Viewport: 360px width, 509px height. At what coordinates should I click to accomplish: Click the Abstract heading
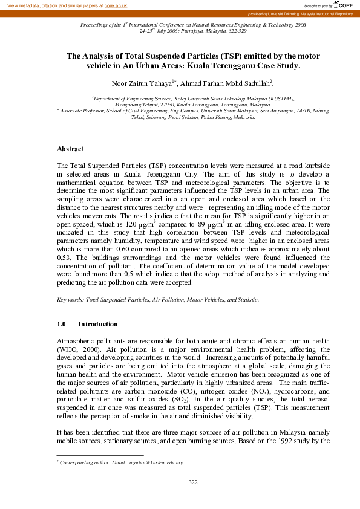coord(70,149)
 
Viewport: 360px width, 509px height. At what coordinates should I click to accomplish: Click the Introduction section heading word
coord(99,324)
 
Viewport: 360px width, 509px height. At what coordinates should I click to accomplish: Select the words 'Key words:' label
coord(70,300)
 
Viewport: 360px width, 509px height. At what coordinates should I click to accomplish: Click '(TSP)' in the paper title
coord(208,56)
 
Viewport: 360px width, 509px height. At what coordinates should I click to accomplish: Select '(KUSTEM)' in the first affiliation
coord(280,97)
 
